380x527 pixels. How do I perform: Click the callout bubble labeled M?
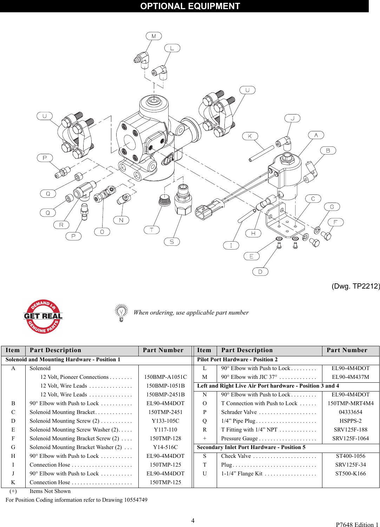(x=153, y=36)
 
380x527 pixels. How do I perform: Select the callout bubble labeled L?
(x=172, y=48)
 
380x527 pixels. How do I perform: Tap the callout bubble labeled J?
(x=292, y=118)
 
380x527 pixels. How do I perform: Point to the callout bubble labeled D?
(x=260, y=271)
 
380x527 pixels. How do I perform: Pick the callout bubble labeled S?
(x=172, y=242)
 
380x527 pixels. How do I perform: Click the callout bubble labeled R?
(x=61, y=225)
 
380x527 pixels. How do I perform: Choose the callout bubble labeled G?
(x=332, y=207)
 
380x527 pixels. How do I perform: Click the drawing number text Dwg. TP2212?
(x=355, y=286)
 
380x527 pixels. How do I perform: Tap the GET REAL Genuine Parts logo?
(x=43, y=316)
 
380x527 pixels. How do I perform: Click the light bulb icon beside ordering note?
(x=122, y=312)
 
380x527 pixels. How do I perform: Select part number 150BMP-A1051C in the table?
(x=165, y=377)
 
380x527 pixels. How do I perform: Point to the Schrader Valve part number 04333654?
(x=350, y=412)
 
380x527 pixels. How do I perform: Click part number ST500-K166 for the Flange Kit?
(x=350, y=474)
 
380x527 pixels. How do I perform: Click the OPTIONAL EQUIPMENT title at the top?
(x=190, y=6)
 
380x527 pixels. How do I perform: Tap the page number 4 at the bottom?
(x=193, y=520)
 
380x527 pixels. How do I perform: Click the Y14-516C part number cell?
(x=165, y=447)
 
